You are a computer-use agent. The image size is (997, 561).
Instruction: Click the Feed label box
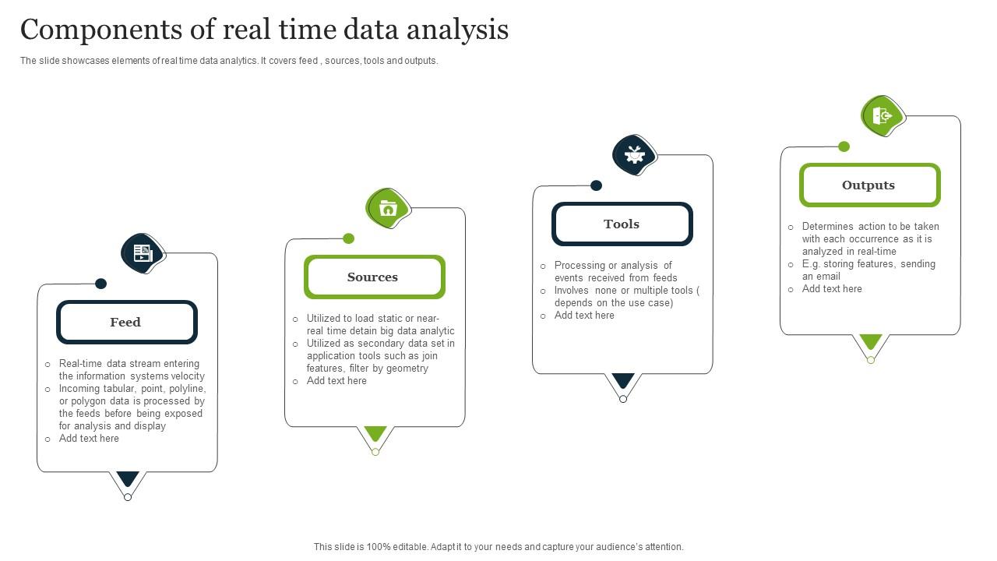point(126,323)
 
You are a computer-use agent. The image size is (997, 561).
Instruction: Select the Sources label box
point(374,277)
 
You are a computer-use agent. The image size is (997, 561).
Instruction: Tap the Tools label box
point(622,224)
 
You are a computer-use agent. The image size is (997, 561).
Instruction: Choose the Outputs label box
point(869,185)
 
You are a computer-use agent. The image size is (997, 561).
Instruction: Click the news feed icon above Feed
point(143,252)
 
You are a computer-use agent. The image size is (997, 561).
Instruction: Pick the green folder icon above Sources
point(388,208)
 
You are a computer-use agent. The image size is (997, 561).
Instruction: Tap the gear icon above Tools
point(635,154)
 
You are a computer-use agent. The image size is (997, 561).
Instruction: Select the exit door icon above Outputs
point(883,116)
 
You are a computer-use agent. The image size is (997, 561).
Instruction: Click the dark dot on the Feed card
point(100,284)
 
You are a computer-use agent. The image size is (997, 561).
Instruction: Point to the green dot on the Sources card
point(349,238)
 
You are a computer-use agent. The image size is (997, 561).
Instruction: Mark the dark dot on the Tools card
point(596,185)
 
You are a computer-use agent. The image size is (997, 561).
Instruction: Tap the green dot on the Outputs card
point(844,146)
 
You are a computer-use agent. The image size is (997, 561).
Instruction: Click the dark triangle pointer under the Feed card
point(128,478)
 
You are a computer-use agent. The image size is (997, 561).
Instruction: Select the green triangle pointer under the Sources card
point(375,432)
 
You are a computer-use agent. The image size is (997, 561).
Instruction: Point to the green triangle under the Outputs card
point(871,340)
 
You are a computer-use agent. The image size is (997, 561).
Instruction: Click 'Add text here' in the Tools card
point(584,316)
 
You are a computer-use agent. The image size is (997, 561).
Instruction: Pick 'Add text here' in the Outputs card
point(832,289)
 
